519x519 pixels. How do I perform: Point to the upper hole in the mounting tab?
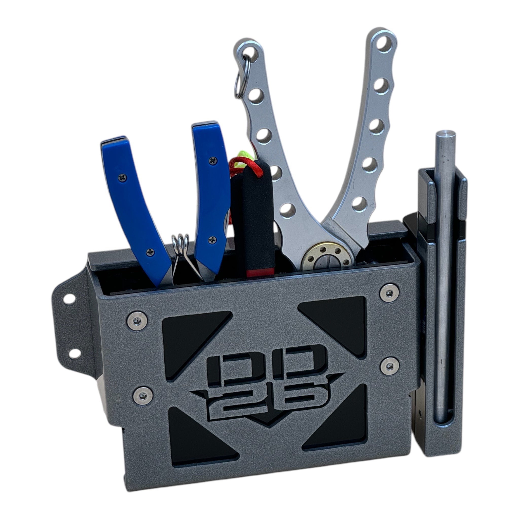click(x=69, y=299)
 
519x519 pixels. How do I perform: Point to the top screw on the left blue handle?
click(x=122, y=177)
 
